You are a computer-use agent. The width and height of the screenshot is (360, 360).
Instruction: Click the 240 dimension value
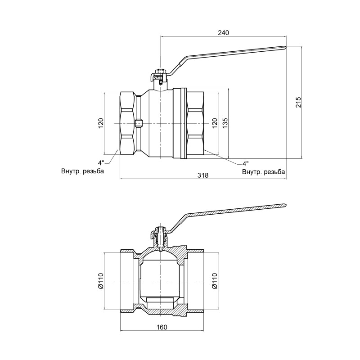click(x=224, y=33)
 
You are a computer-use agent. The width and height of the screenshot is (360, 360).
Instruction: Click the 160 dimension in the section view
click(x=162, y=327)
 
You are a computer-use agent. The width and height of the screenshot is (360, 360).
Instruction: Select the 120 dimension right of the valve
click(x=215, y=122)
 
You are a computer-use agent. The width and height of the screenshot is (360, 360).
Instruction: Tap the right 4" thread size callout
click(x=245, y=163)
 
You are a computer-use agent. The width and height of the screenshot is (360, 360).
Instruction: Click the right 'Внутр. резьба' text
click(x=263, y=172)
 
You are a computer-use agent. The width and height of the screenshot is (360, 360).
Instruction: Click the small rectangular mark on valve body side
click(x=139, y=122)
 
